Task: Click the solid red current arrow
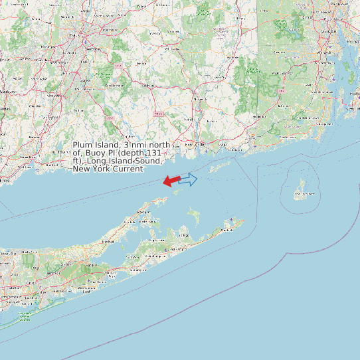[x=171, y=180]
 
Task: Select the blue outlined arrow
[x=189, y=179]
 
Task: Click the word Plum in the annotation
[x=82, y=145]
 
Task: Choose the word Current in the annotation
[x=127, y=169]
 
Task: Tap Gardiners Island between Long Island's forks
[x=194, y=215]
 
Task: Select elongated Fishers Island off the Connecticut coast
[x=220, y=166]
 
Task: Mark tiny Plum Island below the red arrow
[x=178, y=191]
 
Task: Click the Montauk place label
[x=227, y=229]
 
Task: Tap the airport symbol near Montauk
[x=230, y=220]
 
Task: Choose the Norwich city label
[x=199, y=100]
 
